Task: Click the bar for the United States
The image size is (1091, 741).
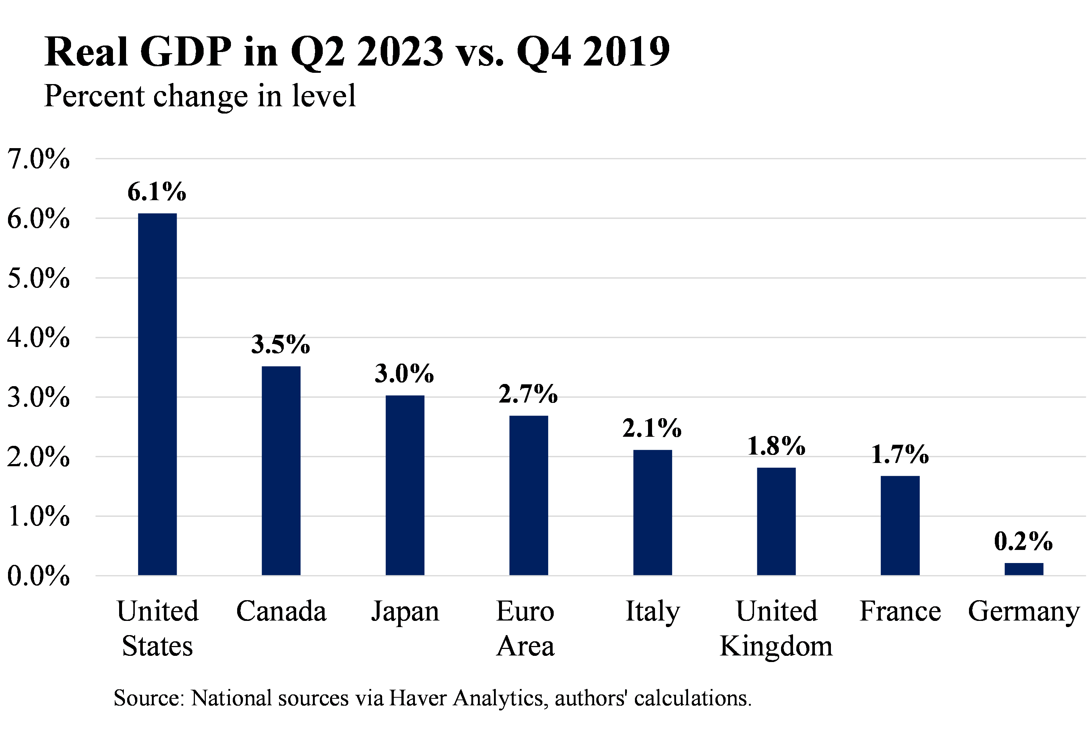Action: [x=157, y=394]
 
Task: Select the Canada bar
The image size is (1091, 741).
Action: [x=281, y=470]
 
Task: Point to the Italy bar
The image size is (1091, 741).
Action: [x=652, y=512]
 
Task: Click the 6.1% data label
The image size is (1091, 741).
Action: [x=157, y=192]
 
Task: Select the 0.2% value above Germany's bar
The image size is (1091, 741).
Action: [x=1023, y=541]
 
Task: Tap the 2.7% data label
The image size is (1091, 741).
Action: [x=528, y=393]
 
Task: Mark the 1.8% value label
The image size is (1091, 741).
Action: [x=776, y=445]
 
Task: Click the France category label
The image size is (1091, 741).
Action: [x=900, y=611]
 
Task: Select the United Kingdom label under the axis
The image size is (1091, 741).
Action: [x=776, y=629]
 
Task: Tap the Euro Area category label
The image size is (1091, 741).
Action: [x=525, y=629]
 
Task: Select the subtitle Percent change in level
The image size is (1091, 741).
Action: [x=200, y=96]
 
